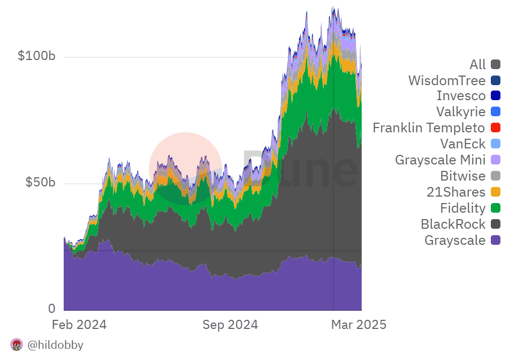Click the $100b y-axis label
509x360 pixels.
tap(36, 56)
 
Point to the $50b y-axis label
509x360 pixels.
tap(40, 182)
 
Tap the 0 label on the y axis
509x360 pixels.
tap(51, 309)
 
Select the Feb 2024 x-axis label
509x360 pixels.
tap(79, 325)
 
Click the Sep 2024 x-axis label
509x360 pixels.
tap(231, 325)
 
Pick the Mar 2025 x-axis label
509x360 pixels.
tap(358, 325)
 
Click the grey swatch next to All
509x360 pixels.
tap(495, 65)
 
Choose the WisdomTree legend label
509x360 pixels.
tap(446, 81)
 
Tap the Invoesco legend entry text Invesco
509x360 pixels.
tap(461, 96)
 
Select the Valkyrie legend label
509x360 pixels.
tap(460, 112)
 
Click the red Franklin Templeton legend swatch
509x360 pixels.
tap(495, 128)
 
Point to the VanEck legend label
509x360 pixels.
tap(462, 144)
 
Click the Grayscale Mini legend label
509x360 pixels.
tap(440, 160)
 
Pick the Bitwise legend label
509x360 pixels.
tap(462, 176)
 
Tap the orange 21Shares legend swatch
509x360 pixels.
tap(495, 192)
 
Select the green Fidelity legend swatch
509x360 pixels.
tap(495, 208)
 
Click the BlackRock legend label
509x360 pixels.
tap(453, 224)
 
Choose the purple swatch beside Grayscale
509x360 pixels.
tap(495, 240)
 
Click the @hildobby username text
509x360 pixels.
tap(55, 345)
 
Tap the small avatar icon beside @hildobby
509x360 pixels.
tap(17, 344)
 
